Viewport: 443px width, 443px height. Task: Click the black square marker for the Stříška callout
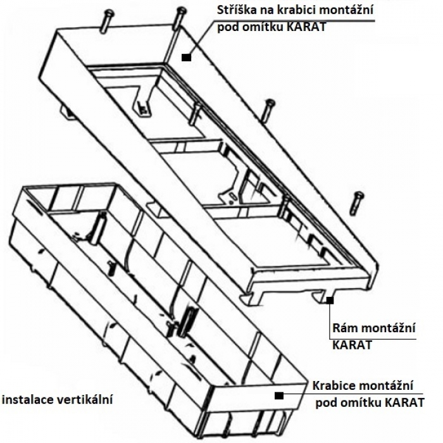tap(186, 57)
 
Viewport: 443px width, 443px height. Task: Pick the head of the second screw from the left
tap(180, 9)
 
